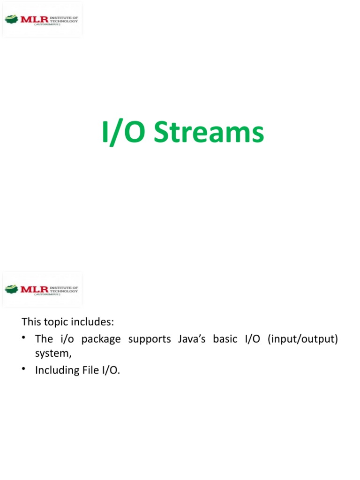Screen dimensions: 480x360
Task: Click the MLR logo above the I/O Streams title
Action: (x=42, y=20)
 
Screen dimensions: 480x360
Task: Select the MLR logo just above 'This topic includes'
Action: (x=42, y=289)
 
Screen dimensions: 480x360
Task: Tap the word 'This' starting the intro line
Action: (x=31, y=322)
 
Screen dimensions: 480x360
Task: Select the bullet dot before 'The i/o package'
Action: (x=23, y=338)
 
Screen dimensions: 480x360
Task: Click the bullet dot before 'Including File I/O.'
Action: (x=23, y=369)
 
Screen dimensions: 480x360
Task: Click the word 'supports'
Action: (x=150, y=339)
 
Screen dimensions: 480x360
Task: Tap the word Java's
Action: (x=191, y=338)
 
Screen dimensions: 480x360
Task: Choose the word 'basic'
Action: (x=224, y=338)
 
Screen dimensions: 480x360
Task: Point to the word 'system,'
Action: (x=53, y=354)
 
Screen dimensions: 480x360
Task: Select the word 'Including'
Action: (x=55, y=370)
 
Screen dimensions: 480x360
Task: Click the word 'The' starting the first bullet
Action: (x=44, y=338)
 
